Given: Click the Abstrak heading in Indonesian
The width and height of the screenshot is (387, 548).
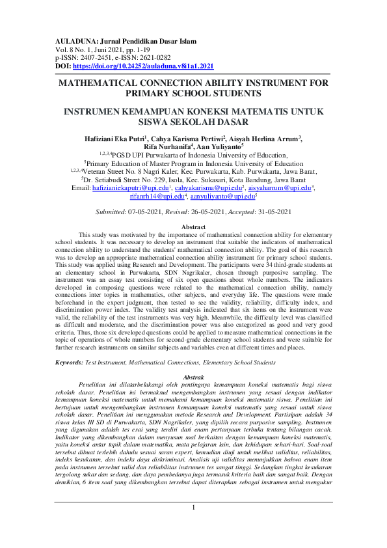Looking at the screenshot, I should (x=193, y=377).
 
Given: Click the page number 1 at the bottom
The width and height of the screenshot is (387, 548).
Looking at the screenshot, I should (x=193, y=525).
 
